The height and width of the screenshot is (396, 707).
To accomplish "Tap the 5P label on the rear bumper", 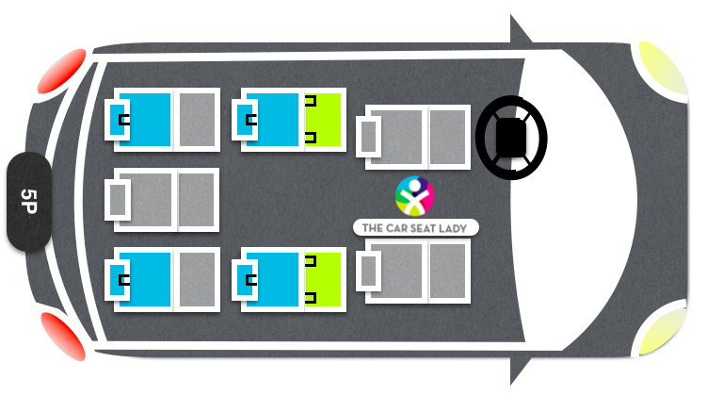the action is [x=28, y=202].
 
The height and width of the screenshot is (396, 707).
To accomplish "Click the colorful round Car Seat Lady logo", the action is [x=414, y=196].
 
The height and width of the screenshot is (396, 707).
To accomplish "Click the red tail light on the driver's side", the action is [x=62, y=71].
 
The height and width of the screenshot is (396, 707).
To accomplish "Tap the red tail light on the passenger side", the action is [x=64, y=336].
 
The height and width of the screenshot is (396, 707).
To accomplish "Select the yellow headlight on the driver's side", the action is [x=663, y=69].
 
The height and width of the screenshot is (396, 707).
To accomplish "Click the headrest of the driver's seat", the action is [x=369, y=137].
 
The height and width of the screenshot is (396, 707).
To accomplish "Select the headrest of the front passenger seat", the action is [x=369, y=271].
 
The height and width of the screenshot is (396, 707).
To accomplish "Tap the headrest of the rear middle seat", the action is [x=118, y=200].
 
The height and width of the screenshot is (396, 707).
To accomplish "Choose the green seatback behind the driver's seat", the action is [x=323, y=120].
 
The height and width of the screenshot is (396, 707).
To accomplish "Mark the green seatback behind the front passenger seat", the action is [x=323, y=279].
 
